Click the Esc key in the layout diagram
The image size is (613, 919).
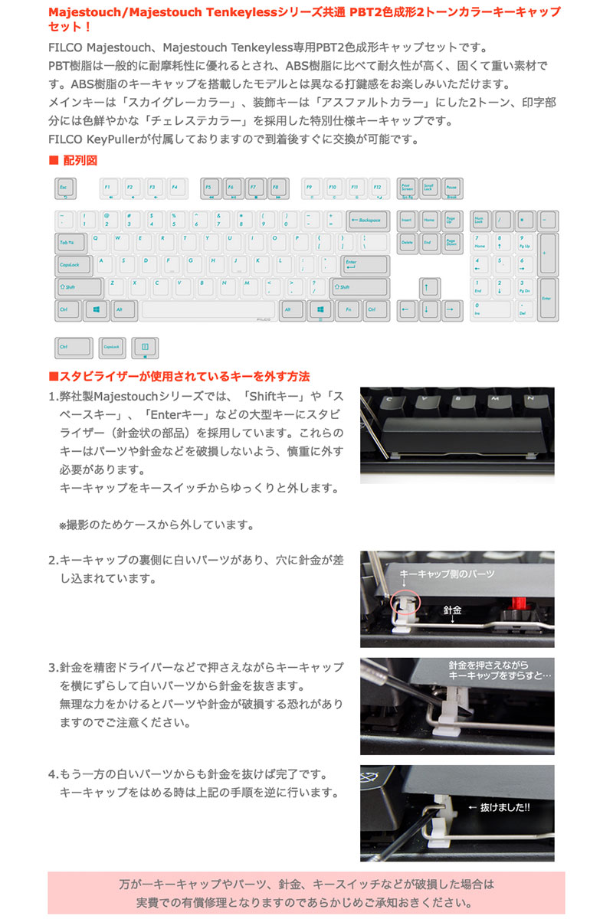click(x=65, y=188)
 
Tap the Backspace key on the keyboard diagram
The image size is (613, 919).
click(x=368, y=221)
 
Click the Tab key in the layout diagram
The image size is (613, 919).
click(x=70, y=244)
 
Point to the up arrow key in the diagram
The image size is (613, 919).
click(x=430, y=288)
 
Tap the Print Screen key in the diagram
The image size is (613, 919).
click(x=408, y=188)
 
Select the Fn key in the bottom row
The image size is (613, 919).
click(x=349, y=310)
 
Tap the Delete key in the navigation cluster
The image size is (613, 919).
click(x=408, y=244)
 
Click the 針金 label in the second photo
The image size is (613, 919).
click(x=452, y=611)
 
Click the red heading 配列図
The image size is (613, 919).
click(x=80, y=160)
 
